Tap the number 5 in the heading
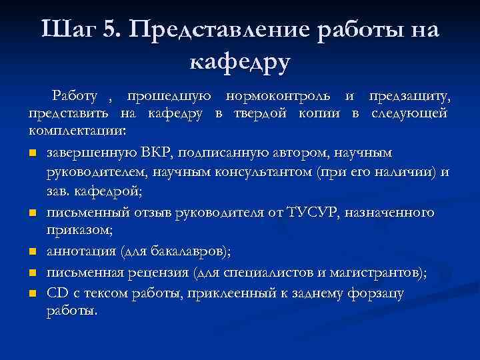(x=111, y=30)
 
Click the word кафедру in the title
(x=240, y=63)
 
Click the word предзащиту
(x=409, y=97)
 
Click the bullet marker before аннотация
(x=33, y=252)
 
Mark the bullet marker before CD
(x=33, y=293)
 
